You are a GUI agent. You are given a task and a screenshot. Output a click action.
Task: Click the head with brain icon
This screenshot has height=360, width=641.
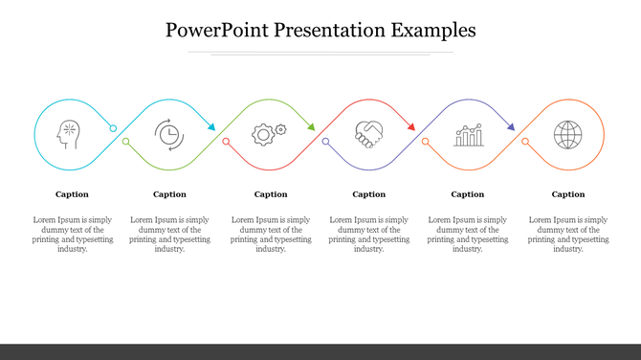(70, 134)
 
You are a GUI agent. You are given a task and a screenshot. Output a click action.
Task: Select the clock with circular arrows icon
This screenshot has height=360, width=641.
(169, 134)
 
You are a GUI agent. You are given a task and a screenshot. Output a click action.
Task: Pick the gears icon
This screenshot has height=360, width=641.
(268, 134)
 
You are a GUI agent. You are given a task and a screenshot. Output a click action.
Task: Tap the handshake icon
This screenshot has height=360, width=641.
(368, 134)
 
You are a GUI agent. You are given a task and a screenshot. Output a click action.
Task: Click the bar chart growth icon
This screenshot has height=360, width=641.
(469, 135)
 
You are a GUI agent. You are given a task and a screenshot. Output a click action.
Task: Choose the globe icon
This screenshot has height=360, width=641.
(567, 134)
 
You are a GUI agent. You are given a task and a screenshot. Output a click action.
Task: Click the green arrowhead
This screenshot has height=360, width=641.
(310, 126)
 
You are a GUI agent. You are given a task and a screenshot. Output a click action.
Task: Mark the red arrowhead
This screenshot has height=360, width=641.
(409, 126)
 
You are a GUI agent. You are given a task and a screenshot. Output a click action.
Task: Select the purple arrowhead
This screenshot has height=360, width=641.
(510, 126)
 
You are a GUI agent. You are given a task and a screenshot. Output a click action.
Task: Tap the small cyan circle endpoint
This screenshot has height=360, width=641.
(113, 128)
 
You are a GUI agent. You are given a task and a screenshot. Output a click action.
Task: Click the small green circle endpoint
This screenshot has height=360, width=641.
(125, 142)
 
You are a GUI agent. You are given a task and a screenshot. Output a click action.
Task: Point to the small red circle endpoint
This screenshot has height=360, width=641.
(226, 142)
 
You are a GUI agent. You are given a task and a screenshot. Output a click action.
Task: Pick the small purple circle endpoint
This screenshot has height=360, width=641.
(325, 142)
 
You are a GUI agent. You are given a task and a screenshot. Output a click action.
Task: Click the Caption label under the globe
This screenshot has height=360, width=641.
(568, 194)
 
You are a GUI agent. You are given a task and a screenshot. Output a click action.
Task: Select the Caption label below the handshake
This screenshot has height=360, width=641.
(368, 194)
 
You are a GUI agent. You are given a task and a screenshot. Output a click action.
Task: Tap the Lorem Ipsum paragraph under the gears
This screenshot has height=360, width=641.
(271, 234)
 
